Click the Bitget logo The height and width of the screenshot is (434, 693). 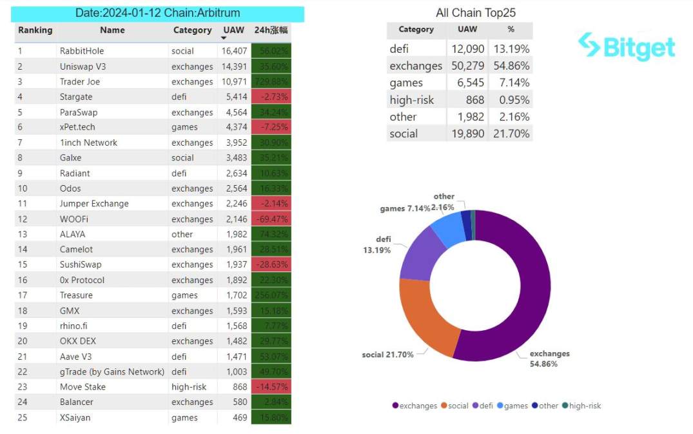pyautogui.click(x=626, y=46)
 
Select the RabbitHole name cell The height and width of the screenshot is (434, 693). pyautogui.click(x=82, y=51)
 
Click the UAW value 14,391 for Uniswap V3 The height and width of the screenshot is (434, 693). pyautogui.click(x=234, y=66)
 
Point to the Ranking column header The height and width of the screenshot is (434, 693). pyautogui.click(x=35, y=30)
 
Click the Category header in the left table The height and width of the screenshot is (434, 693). pyautogui.click(x=192, y=30)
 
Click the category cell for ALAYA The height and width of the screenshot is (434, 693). pyautogui.click(x=182, y=235)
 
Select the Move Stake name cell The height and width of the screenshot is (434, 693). pyautogui.click(x=83, y=387)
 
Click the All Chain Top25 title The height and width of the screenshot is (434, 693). pyautogui.click(x=476, y=13)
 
